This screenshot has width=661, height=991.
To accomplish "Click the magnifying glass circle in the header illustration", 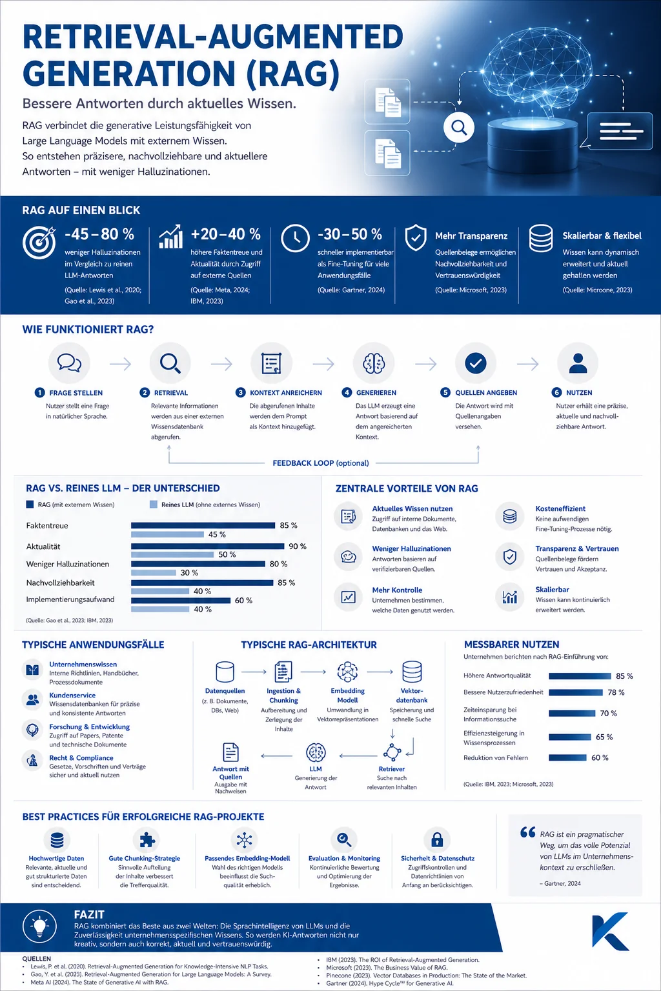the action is click(459, 128).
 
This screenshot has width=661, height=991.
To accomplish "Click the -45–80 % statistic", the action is click(99, 234).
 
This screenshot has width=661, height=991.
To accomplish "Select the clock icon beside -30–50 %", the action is click(295, 238).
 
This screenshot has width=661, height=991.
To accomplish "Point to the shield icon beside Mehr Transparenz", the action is click(416, 237).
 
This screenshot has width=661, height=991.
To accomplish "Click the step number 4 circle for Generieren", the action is click(347, 392).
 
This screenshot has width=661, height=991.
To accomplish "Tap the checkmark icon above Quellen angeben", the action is click(476, 363).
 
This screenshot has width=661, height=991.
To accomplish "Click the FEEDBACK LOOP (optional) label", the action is click(321, 463).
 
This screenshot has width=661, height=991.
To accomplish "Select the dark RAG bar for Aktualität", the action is click(208, 546).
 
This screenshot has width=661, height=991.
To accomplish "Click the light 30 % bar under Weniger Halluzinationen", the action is click(154, 572).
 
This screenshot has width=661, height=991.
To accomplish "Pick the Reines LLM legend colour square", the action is click(154, 505).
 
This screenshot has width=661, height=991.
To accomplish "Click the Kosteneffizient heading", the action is click(560, 508).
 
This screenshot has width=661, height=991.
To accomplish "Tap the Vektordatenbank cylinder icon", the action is click(412, 672).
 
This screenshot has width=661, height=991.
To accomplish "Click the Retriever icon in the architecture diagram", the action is click(392, 752).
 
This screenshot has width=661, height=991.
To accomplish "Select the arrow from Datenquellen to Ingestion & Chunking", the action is click(254, 672).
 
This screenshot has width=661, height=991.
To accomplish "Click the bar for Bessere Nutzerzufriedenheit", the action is click(576, 692).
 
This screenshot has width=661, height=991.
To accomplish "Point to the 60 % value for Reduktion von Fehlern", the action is click(600, 758).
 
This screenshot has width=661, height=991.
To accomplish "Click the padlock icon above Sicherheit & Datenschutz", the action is click(437, 839).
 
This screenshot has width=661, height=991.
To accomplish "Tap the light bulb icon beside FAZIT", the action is click(40, 925).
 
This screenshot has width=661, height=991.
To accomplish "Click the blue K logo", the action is click(611, 930).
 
